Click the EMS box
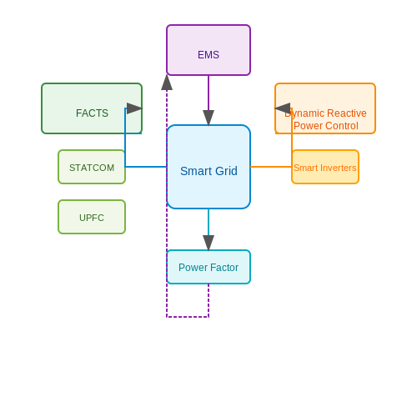[208, 50]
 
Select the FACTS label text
[92, 113]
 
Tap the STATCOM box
[92, 167]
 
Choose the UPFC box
[92, 217]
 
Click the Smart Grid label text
[208, 171]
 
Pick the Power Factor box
[208, 267]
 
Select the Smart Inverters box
[325, 167]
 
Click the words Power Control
[326, 126]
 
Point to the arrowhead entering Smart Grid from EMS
[208, 118]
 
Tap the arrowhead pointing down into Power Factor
[208, 243]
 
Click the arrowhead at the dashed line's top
[167, 83]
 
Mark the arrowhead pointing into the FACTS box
[134, 108]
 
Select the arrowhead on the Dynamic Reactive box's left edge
[283, 108]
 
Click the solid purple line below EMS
[208, 93]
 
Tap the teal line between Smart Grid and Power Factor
[208, 222]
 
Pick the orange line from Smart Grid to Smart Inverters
[271, 167]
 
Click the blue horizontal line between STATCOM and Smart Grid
[146, 167]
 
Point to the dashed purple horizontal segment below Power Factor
[188, 317]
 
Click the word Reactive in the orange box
[347, 113]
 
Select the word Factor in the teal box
[224, 268]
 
